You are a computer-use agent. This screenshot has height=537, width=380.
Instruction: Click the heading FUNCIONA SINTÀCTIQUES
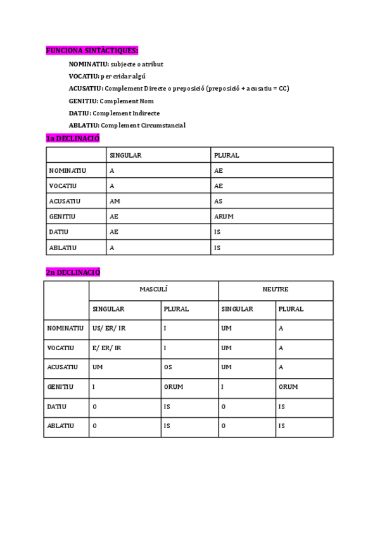point(92,50)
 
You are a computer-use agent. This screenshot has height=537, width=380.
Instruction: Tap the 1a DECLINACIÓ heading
point(72,139)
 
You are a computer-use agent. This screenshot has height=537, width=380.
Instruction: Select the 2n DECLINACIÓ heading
point(73,272)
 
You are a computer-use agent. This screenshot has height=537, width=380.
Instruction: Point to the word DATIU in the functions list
point(79,113)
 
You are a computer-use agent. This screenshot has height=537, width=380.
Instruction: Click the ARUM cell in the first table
point(224,217)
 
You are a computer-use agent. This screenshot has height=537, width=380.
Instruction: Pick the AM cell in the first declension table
point(115,201)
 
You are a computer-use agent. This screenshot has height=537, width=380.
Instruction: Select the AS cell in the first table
point(218,201)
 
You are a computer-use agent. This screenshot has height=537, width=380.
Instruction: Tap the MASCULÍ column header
point(153,289)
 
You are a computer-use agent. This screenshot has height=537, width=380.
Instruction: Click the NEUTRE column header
point(275,289)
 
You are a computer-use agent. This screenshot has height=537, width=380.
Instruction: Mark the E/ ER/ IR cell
point(106,348)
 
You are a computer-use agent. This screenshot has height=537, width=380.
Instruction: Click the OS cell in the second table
point(168,367)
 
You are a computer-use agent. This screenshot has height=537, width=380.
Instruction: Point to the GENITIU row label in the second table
point(60,387)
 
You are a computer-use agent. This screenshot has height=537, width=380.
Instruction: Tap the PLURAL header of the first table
point(227,155)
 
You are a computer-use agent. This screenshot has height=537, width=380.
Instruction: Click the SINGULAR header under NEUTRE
point(237,309)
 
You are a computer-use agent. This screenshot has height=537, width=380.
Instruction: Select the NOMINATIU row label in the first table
point(67,171)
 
